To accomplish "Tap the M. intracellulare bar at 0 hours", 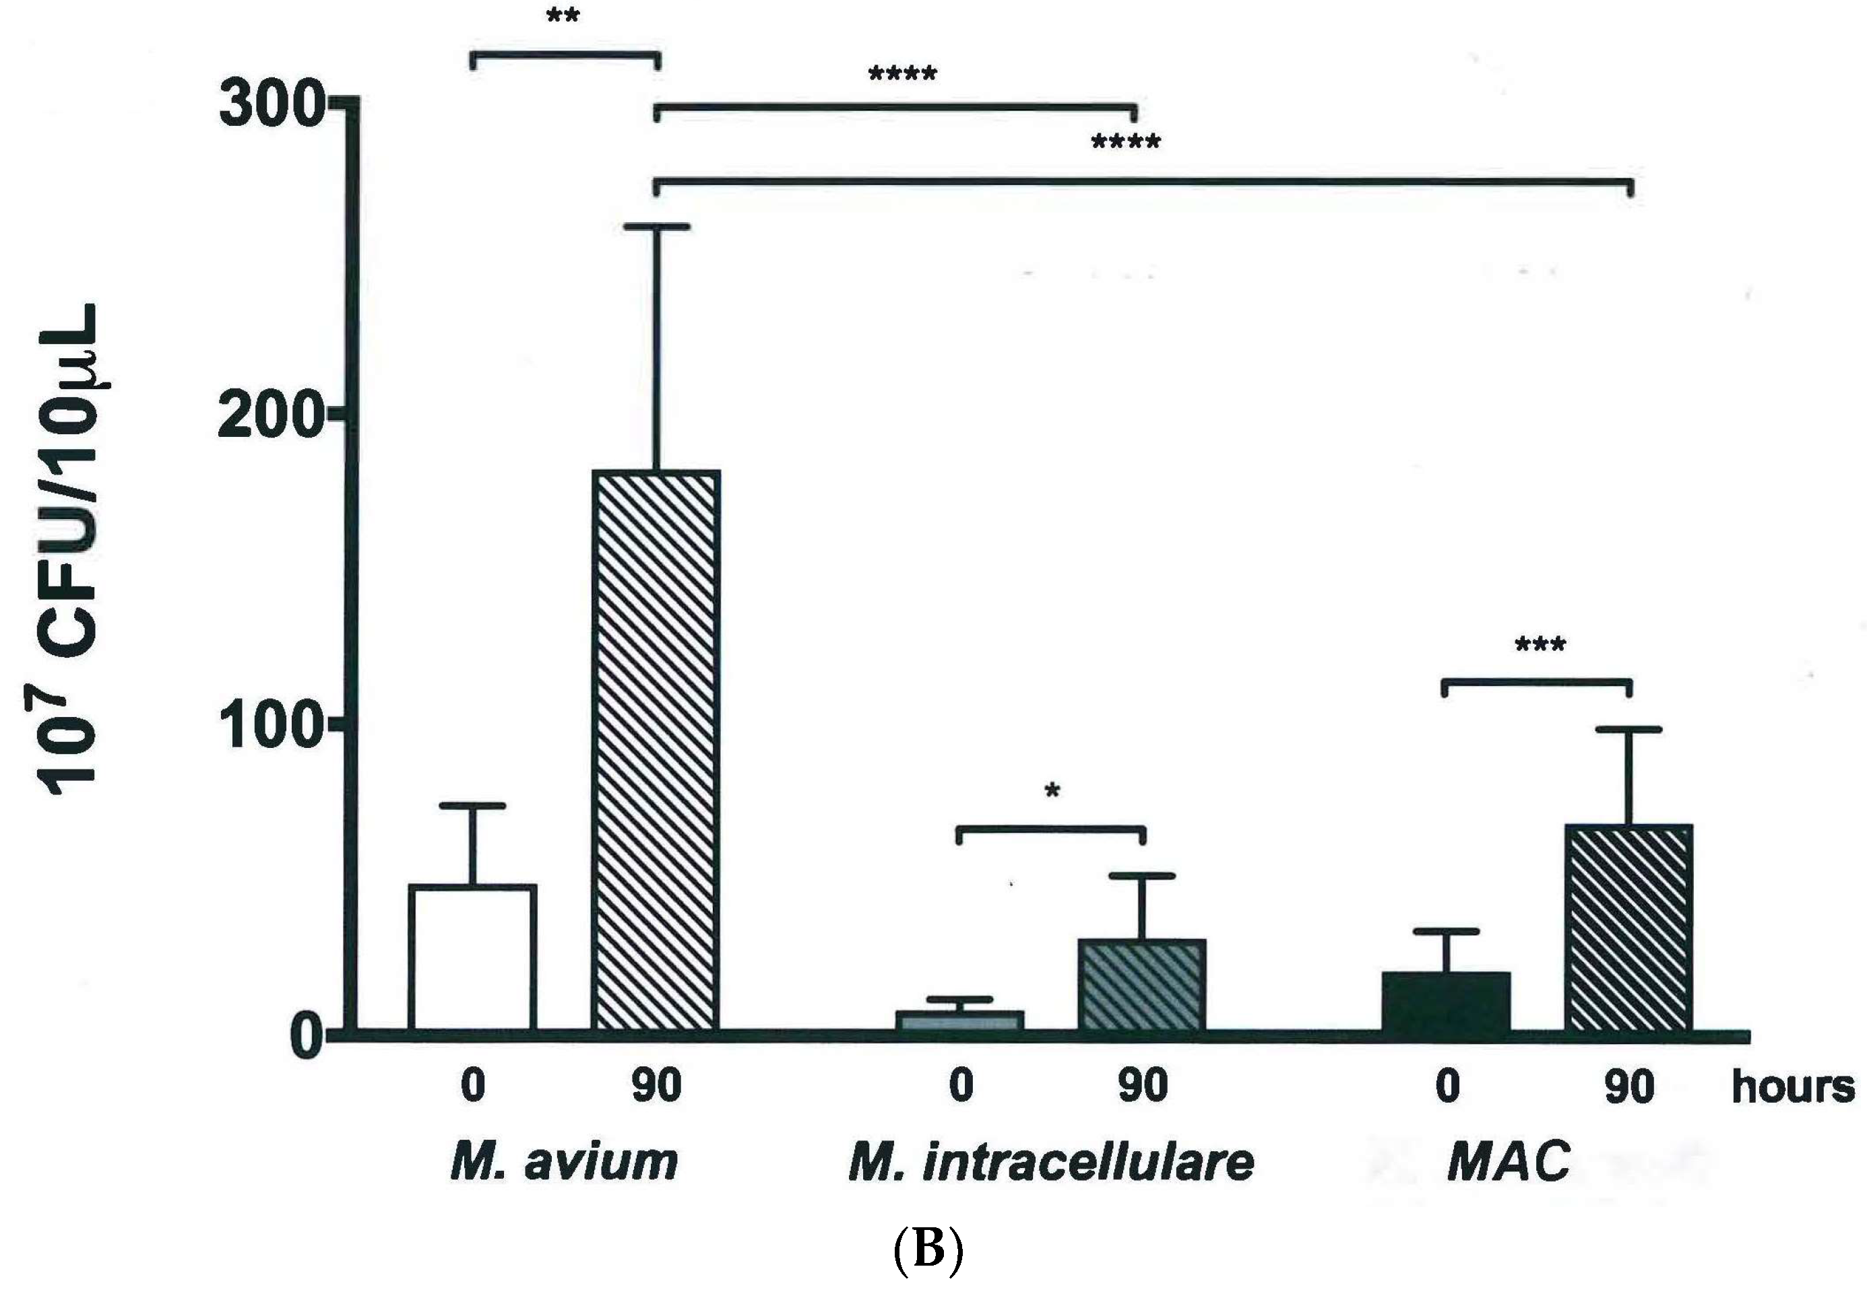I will tap(959, 1021).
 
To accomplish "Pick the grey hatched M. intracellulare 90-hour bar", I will tap(1141, 985).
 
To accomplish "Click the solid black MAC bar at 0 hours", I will tap(1447, 1003).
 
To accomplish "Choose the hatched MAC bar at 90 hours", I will tap(1628, 928).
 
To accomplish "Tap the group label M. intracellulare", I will tap(1050, 1161).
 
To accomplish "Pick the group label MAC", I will tap(1509, 1161).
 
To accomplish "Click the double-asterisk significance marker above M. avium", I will tap(563, 15).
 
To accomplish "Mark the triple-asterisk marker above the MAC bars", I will tap(1540, 646).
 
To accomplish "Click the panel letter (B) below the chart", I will tap(928, 1252).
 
